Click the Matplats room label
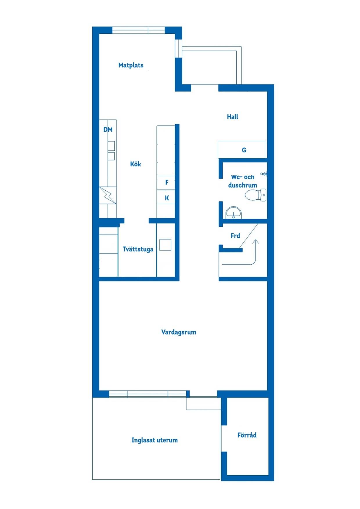tap(131, 65)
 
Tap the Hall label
tap(233, 117)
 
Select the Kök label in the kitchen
tap(136, 164)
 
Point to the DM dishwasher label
tap(108, 129)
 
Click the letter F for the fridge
tap(167, 182)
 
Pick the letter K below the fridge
tap(167, 198)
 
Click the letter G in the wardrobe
tap(244, 150)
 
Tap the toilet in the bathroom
tap(255, 195)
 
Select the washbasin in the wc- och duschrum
tap(233, 212)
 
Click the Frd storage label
tap(235, 236)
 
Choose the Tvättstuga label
tap(138, 249)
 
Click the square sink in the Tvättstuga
tap(165, 245)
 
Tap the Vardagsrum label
tap(179, 332)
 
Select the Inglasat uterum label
tap(155, 440)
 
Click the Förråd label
tap(247, 435)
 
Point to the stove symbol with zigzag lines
tap(108, 195)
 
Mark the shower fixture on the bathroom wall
tap(264, 174)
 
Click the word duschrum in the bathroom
tap(243, 185)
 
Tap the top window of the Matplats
tap(138, 30)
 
